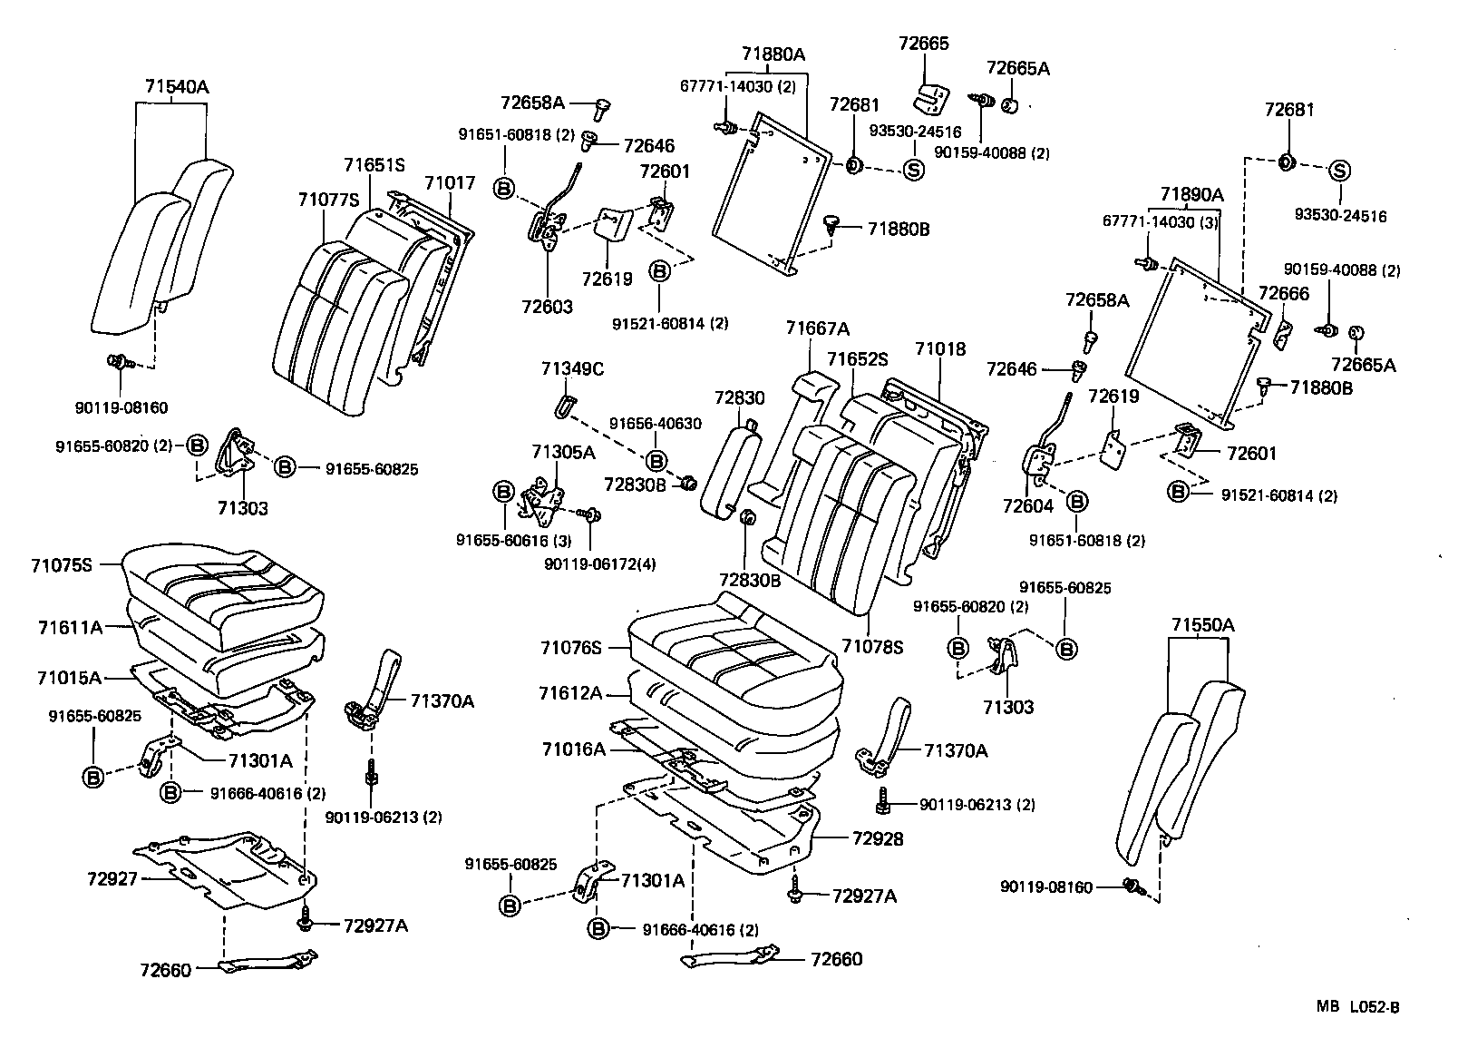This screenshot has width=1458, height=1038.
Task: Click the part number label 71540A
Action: pyautogui.click(x=176, y=87)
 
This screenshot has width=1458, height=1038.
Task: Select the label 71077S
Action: pyautogui.click(x=329, y=199)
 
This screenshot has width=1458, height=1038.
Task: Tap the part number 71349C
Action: pyautogui.click(x=572, y=368)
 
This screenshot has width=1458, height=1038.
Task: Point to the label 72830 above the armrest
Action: pyautogui.click(x=739, y=397)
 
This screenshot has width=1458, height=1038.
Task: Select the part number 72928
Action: pyautogui.click(x=878, y=839)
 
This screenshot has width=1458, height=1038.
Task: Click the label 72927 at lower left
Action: pyautogui.click(x=112, y=878)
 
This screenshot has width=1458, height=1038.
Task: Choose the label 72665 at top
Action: pyautogui.click(x=923, y=44)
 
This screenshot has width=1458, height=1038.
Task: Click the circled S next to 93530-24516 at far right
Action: pyautogui.click(x=1339, y=171)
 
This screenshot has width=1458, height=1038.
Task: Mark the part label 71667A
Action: pyautogui.click(x=818, y=328)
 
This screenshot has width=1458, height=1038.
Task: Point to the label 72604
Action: pyautogui.click(x=1028, y=505)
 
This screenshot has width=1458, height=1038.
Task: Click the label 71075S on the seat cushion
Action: pyautogui.click(x=62, y=565)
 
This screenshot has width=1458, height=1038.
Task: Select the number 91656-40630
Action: pyautogui.click(x=655, y=423)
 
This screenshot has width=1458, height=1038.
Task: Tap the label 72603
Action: pyautogui.click(x=548, y=307)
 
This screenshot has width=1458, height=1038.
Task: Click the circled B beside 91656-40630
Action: pyautogui.click(x=656, y=461)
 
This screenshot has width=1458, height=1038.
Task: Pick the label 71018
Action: pyautogui.click(x=940, y=348)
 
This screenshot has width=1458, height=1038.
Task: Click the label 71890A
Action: pyautogui.click(x=1191, y=194)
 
